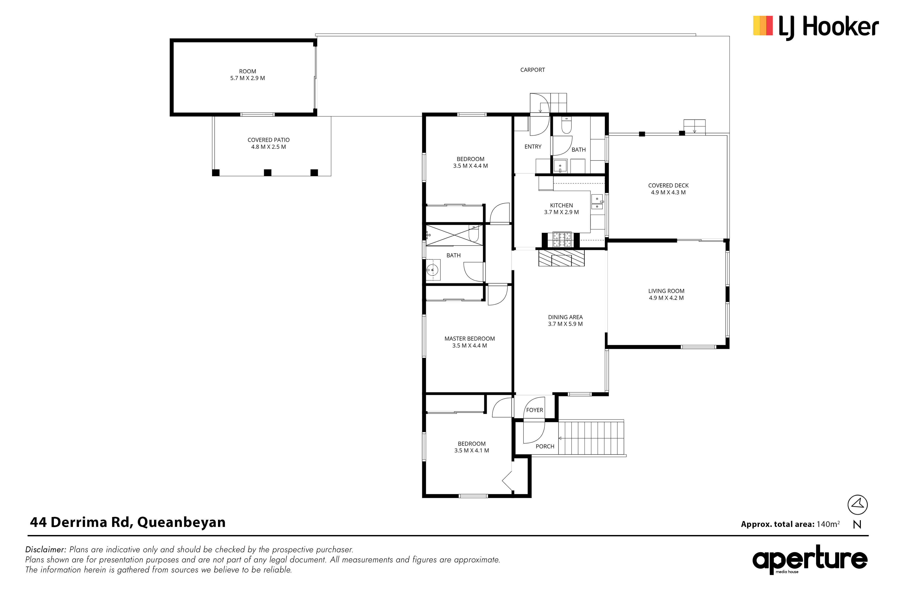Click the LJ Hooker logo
(816, 27)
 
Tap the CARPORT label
(532, 70)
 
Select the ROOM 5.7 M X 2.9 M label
(248, 75)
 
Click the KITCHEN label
(561, 209)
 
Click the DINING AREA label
(565, 320)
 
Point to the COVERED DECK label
(668, 189)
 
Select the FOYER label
(535, 410)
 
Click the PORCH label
(545, 446)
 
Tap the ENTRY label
(533, 146)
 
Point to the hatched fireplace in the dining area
(561, 258)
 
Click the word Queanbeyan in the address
(182, 522)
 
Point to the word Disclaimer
(46, 550)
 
